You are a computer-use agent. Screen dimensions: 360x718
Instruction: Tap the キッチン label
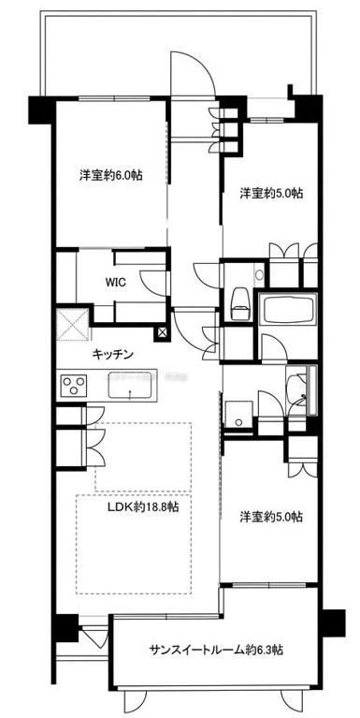[x=112, y=354]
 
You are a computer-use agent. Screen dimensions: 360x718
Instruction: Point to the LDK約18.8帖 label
[x=143, y=506]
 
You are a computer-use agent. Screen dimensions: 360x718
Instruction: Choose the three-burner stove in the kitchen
[x=73, y=386]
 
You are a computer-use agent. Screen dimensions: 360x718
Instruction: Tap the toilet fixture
[x=240, y=303]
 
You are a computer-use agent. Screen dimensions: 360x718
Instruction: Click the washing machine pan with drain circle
[x=238, y=415]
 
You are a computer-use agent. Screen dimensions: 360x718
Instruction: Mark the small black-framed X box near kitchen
[x=163, y=334]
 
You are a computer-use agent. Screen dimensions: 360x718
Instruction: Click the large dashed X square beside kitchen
[x=73, y=325]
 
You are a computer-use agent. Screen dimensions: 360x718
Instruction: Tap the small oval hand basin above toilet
[x=259, y=275]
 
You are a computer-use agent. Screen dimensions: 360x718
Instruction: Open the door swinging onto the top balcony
[x=193, y=74]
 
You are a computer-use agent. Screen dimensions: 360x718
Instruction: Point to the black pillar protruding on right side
[x=333, y=623]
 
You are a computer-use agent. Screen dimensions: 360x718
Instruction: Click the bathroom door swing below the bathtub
[x=274, y=346]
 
